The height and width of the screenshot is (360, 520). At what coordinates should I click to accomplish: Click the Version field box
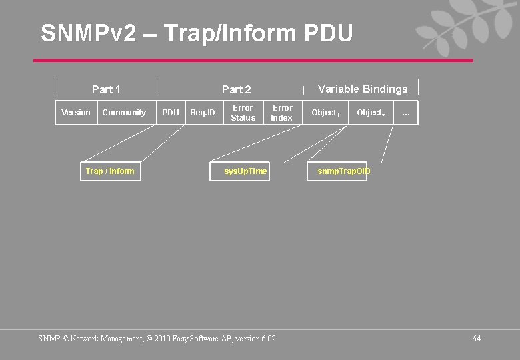tap(76, 113)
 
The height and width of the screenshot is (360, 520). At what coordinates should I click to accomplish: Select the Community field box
tap(124, 113)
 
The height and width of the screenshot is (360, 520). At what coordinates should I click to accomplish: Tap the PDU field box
tap(171, 113)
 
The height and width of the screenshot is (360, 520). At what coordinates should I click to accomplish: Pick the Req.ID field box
tap(203, 113)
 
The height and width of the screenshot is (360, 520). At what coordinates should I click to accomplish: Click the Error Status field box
tap(243, 113)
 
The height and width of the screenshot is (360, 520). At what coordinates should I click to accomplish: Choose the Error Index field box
tap(282, 113)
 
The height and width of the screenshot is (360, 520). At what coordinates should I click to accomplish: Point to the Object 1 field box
tap(326, 113)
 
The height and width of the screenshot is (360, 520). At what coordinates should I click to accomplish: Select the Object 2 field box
tap(371, 113)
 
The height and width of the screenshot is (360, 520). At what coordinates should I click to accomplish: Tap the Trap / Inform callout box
tap(110, 171)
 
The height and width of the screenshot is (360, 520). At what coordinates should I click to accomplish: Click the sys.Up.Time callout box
tap(245, 171)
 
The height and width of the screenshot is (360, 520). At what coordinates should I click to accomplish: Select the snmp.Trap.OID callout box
tap(343, 171)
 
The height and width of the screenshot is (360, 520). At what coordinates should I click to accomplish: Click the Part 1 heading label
tap(106, 89)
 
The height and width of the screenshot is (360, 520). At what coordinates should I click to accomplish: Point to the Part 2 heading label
tap(237, 89)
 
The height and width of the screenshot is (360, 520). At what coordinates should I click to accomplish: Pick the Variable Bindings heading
tap(363, 89)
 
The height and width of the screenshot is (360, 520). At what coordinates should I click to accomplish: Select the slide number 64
tap(476, 339)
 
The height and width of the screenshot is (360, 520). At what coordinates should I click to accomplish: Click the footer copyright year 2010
tap(163, 339)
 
